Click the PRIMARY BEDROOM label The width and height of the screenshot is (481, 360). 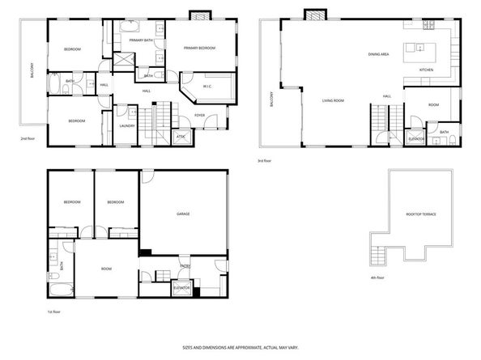tap(199, 49)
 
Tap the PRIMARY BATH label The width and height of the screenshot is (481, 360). tap(142, 40)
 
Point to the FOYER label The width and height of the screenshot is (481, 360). tap(199, 116)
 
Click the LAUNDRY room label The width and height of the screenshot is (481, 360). tap(126, 125)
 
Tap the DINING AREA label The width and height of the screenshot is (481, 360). tap(379, 54)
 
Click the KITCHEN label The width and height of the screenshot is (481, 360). tap(426, 70)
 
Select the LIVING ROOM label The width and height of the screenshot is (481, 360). tap(334, 100)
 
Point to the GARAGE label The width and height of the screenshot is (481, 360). tap(183, 214)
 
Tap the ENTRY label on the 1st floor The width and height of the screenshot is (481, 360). tap(185, 265)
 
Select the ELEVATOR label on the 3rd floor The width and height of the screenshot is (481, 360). tap(417, 138)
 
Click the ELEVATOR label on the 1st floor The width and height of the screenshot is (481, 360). tap(182, 287)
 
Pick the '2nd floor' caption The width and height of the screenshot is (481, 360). tap(29, 138)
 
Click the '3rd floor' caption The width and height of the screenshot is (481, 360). tap(265, 161)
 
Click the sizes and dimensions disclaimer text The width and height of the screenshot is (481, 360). tap(240, 347)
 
